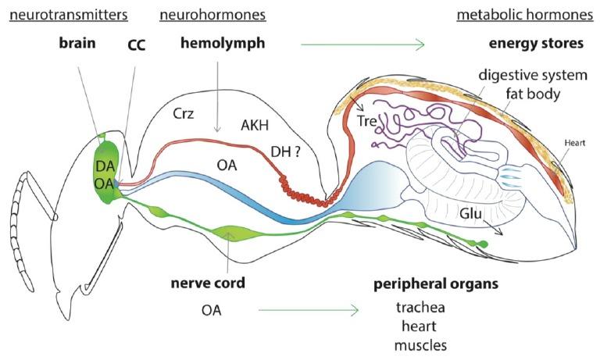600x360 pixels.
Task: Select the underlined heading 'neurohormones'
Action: click(212, 15)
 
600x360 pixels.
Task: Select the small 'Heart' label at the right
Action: click(573, 143)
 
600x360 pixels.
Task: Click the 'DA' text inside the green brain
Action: click(105, 165)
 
